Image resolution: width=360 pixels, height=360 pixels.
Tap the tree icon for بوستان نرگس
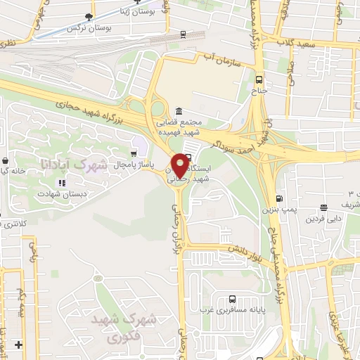[88, 17]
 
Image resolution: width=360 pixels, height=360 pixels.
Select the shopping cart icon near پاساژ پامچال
[134, 153]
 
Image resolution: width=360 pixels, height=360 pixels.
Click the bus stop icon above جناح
[259, 79]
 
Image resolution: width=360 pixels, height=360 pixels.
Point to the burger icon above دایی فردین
[323, 207]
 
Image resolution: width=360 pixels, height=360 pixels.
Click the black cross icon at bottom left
[19, 345]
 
